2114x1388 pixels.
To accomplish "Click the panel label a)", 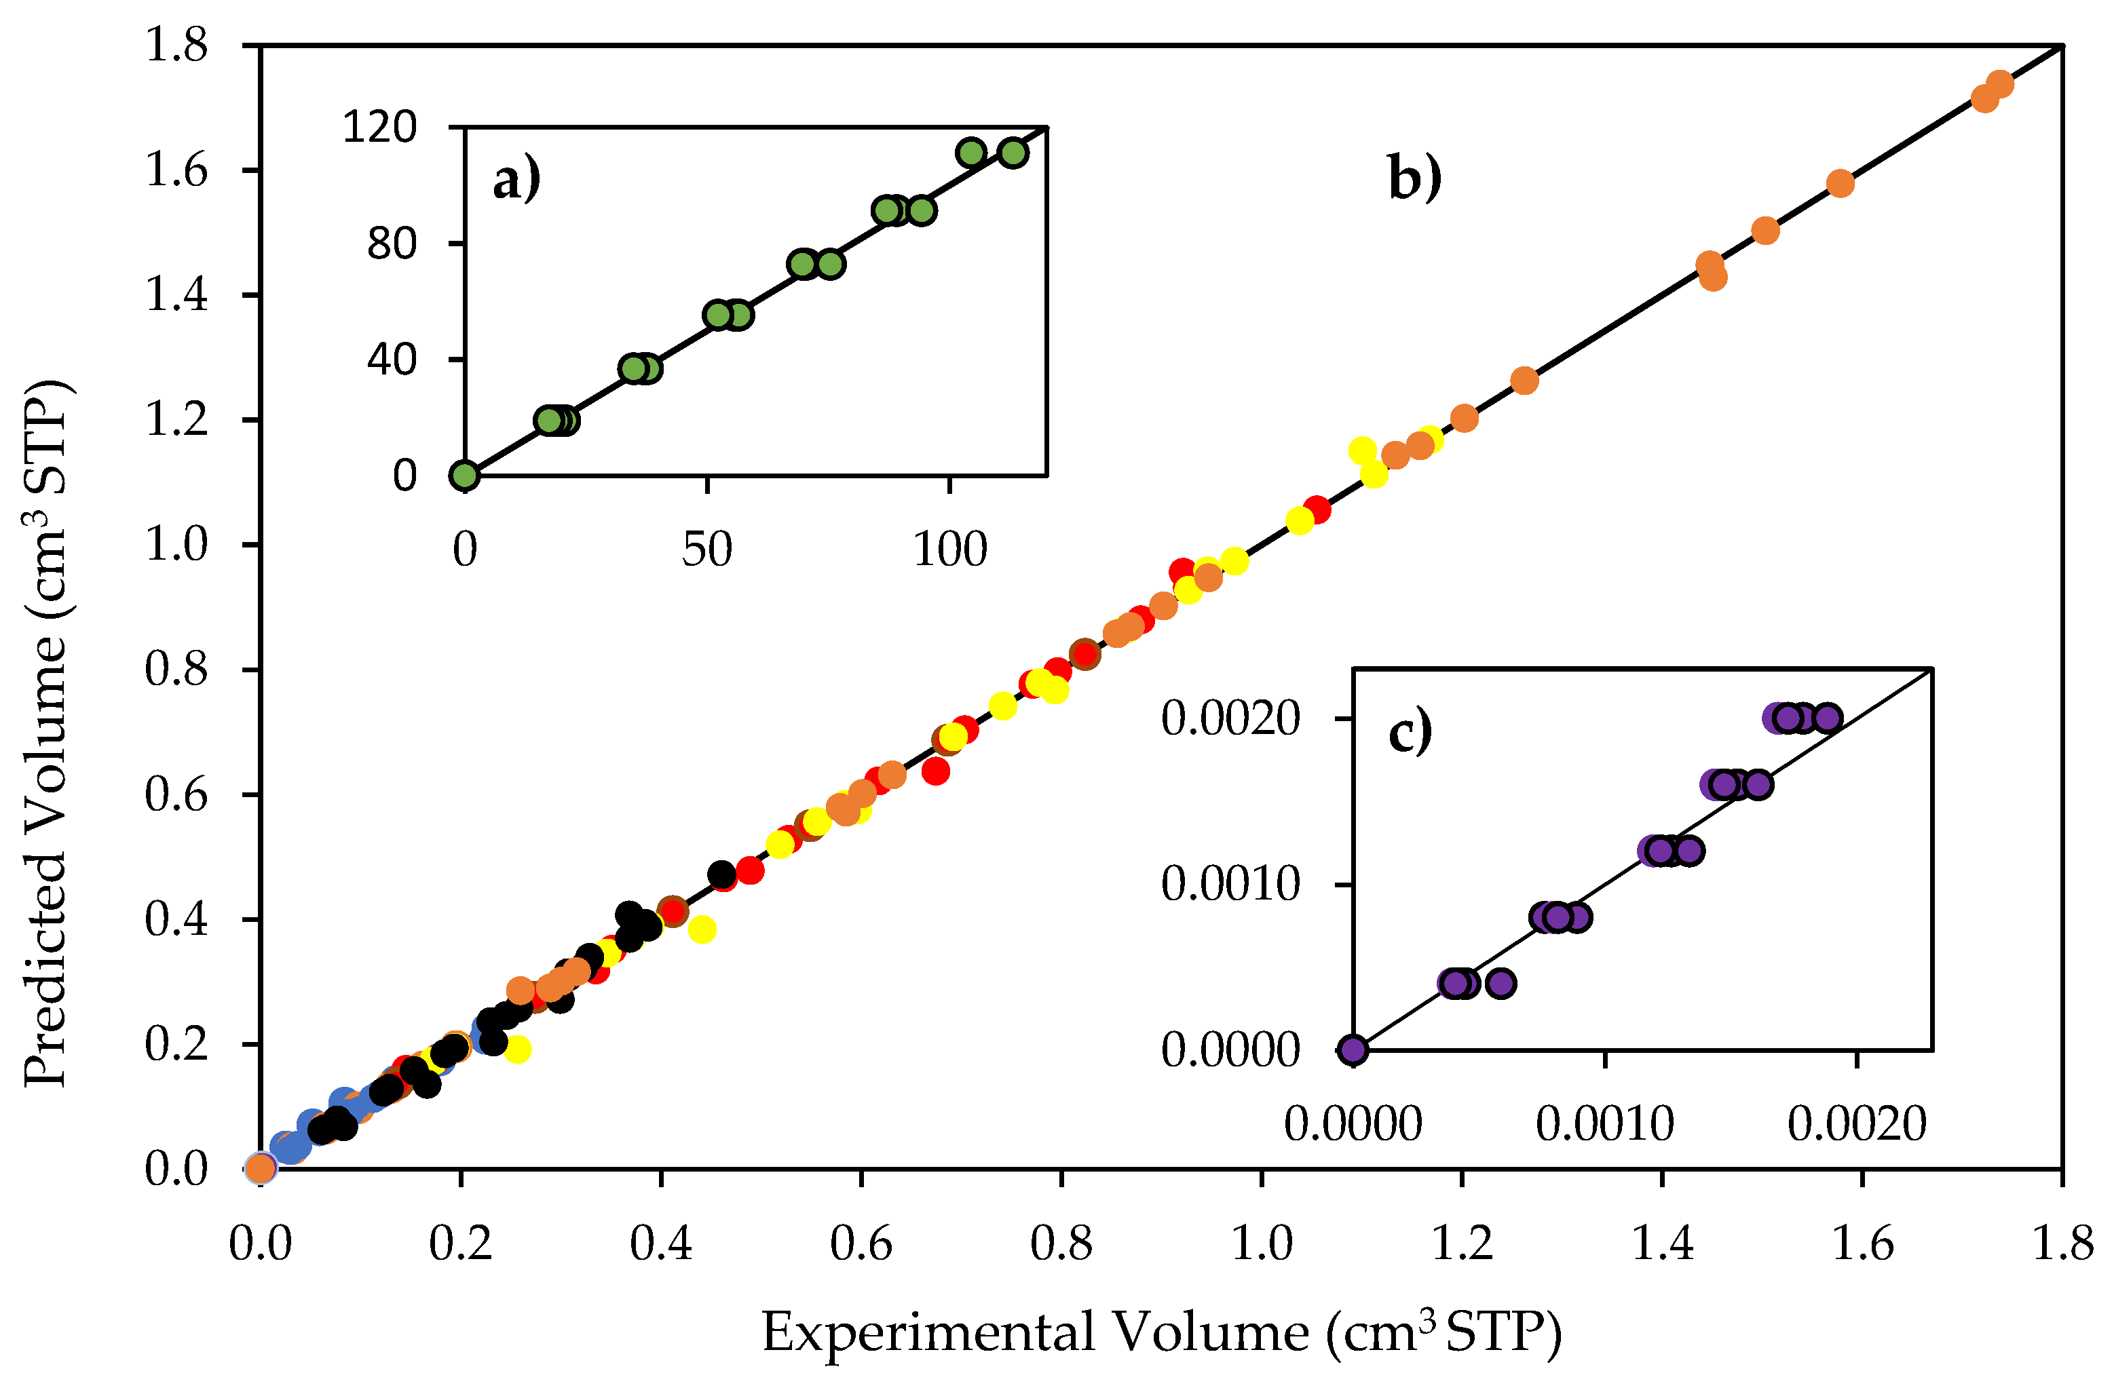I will click(516, 181).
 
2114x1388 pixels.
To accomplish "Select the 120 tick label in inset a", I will click(379, 127).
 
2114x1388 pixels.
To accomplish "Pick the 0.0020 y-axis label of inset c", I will click(1230, 718).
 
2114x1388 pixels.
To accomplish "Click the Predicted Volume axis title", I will click(46, 733).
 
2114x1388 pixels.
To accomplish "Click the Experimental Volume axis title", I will click(1161, 1333).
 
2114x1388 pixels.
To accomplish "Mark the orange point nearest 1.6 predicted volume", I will click(1841, 184).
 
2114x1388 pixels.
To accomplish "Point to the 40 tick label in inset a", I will click(392, 360).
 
